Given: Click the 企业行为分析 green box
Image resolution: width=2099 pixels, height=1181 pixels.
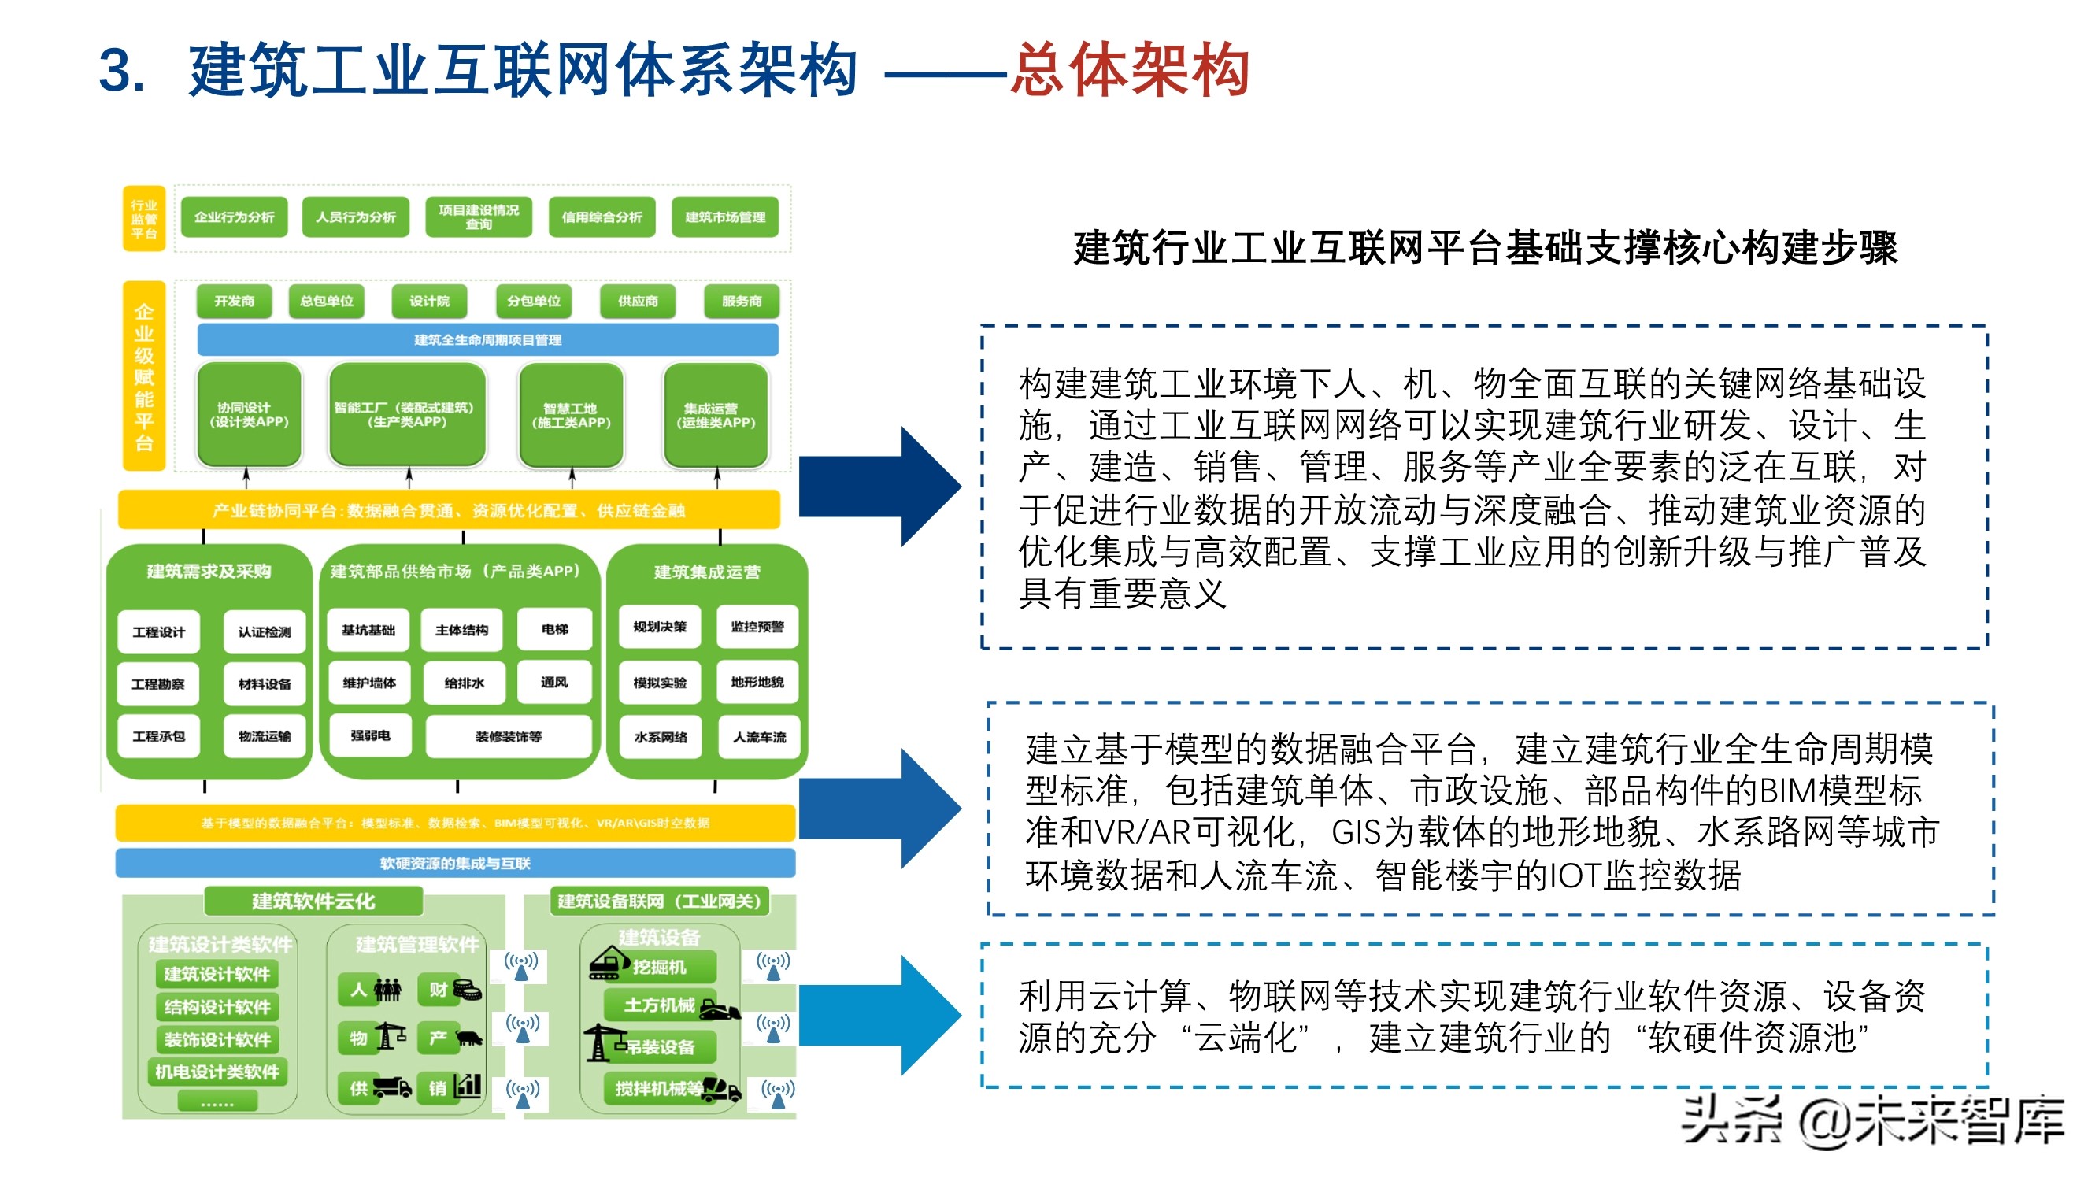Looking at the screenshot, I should (234, 217).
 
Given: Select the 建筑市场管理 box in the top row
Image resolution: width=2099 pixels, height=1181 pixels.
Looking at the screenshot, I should (724, 217).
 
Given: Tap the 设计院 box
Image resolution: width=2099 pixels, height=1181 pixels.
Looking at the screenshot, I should (429, 301).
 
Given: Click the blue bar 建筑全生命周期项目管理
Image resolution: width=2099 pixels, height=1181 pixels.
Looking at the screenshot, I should (487, 340).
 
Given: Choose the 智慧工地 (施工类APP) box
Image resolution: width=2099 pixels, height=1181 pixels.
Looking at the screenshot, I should (571, 416).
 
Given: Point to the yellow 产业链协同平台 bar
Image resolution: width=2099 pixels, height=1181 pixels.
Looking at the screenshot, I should (449, 511).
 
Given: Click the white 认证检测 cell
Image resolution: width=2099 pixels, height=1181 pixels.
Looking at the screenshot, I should (265, 631).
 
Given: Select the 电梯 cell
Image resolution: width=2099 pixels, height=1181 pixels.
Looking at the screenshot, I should (554, 629).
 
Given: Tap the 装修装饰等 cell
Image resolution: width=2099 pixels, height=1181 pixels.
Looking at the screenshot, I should (509, 736).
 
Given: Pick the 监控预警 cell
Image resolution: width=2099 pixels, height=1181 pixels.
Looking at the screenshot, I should (757, 627).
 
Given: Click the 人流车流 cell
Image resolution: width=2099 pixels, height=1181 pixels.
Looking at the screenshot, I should (759, 737).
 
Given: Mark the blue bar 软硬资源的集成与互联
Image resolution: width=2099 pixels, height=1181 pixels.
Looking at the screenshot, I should (454, 863).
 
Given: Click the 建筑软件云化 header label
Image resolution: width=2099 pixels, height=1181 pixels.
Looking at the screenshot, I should (313, 901).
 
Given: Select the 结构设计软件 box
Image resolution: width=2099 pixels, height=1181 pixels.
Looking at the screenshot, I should (217, 1006).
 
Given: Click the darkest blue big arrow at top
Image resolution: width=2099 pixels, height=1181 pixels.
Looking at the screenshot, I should (880, 487).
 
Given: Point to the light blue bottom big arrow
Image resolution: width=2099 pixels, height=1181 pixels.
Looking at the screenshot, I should (880, 1016).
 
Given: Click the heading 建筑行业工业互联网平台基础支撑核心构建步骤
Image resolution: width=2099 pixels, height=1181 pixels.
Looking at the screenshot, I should (1486, 248).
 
